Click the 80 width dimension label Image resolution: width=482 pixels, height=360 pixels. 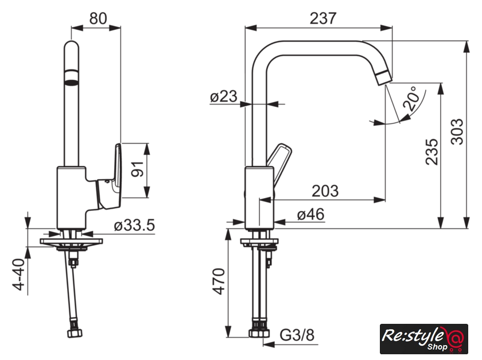(98, 18)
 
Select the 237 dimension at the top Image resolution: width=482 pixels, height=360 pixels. (323, 18)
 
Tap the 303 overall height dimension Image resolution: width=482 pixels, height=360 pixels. (457, 131)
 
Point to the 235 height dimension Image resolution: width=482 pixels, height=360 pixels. (432, 152)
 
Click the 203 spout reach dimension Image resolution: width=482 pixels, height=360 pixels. (325, 191)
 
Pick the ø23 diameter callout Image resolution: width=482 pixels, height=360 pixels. (223, 96)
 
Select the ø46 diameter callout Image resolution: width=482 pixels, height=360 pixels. (311, 214)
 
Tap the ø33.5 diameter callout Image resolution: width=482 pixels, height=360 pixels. (134, 226)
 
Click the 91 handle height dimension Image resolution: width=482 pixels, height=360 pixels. (137, 169)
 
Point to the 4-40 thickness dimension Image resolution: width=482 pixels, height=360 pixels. (18, 274)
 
